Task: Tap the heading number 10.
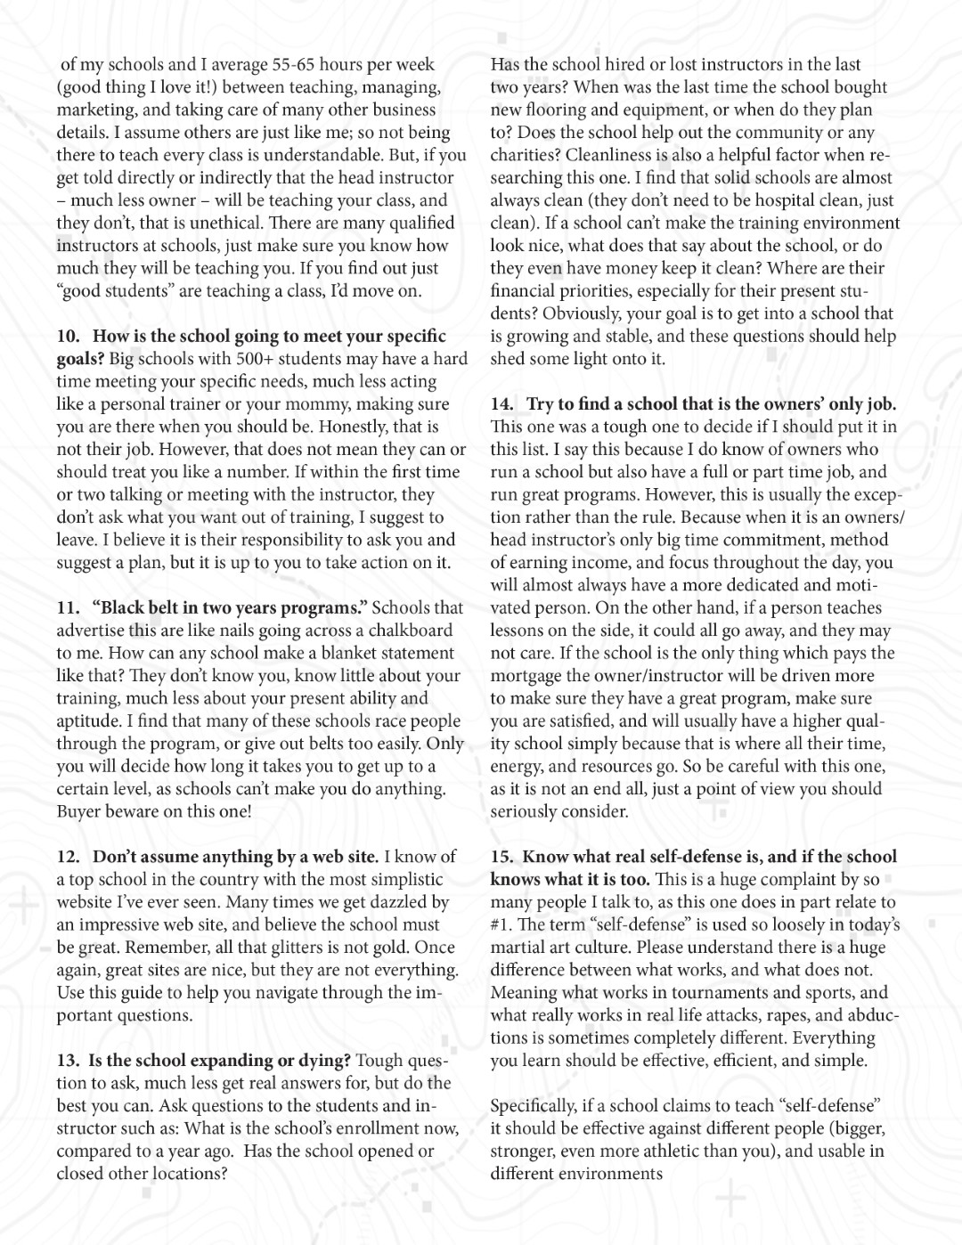(69, 336)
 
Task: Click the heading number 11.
(69, 607)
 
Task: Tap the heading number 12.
(69, 856)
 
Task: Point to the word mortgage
(529, 675)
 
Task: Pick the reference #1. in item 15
(504, 924)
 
